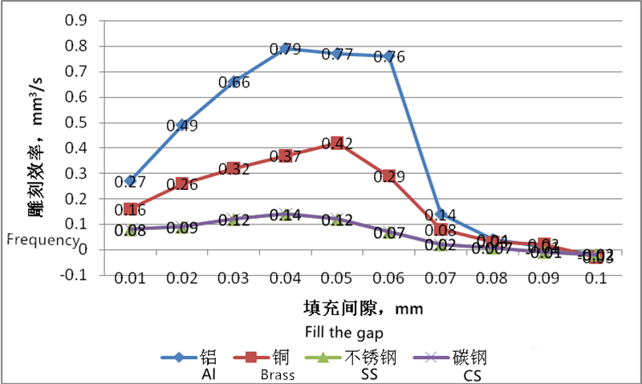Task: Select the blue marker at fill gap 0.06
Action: coord(389,56)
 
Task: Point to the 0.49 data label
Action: coord(182,126)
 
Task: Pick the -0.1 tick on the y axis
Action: coord(75,275)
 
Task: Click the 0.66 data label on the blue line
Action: coord(234,83)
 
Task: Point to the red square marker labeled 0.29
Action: coord(389,176)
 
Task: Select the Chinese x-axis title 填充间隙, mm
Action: coord(363,309)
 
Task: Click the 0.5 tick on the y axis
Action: coord(77,122)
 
